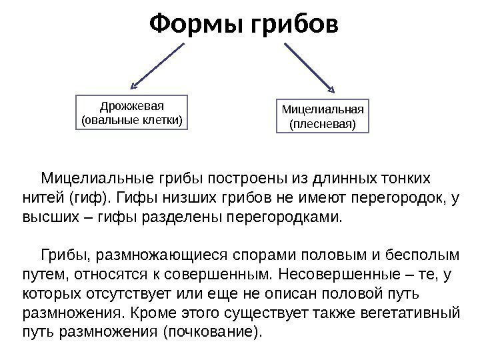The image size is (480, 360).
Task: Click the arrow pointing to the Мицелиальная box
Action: (x=309, y=67)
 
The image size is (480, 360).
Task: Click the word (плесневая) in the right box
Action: (x=323, y=124)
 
